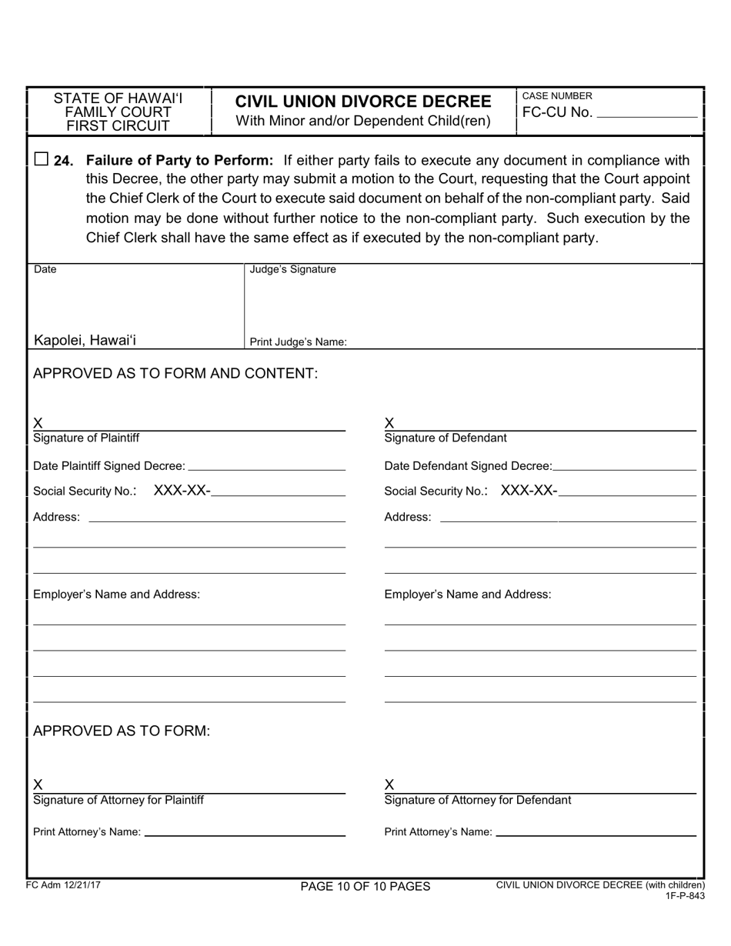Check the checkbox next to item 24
42,159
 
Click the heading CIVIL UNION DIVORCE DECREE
362,102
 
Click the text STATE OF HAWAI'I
118,98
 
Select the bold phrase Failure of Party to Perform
179,161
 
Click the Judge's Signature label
293,270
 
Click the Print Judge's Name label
299,342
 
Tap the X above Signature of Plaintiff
38,423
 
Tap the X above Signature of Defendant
389,423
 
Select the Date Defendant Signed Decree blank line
624,466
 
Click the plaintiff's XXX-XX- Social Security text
182,491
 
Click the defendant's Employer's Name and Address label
467,595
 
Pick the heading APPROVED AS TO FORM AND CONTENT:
175,374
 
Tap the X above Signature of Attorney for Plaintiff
38,784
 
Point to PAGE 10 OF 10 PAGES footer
365,887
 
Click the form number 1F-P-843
685,896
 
